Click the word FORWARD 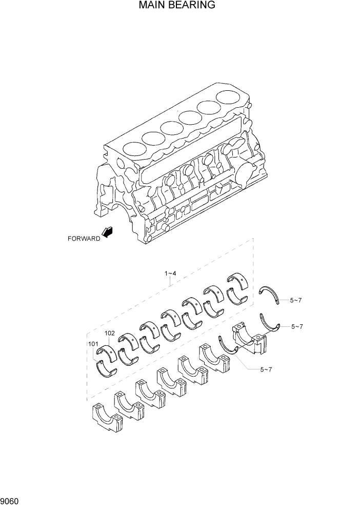coord(84,238)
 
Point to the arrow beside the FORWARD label coord(108,232)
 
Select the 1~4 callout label coord(170,273)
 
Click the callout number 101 coord(92,344)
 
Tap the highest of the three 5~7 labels coord(295,300)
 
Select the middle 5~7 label coord(297,326)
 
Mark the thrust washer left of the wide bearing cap coord(228,346)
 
